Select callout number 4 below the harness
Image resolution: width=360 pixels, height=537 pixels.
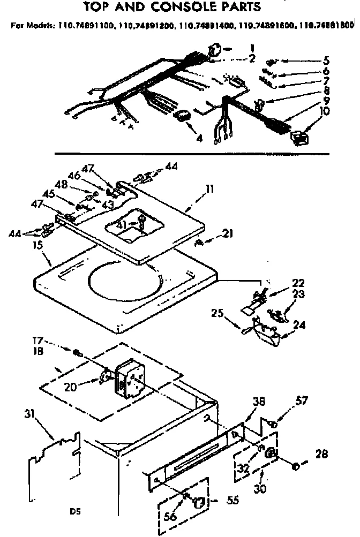point(199,138)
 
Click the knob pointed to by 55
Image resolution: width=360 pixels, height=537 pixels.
point(199,502)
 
